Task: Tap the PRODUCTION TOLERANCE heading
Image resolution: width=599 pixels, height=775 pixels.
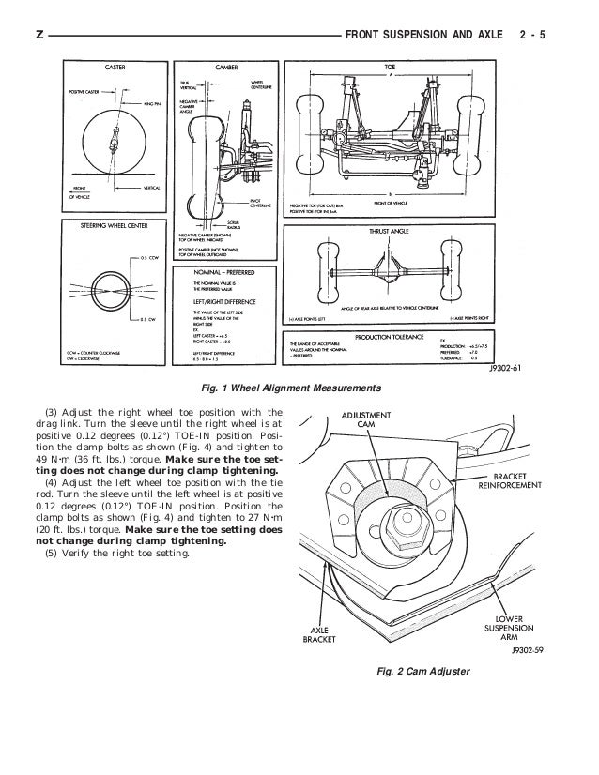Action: click(x=392, y=336)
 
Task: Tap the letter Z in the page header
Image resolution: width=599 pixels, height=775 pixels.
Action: click(x=38, y=36)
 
